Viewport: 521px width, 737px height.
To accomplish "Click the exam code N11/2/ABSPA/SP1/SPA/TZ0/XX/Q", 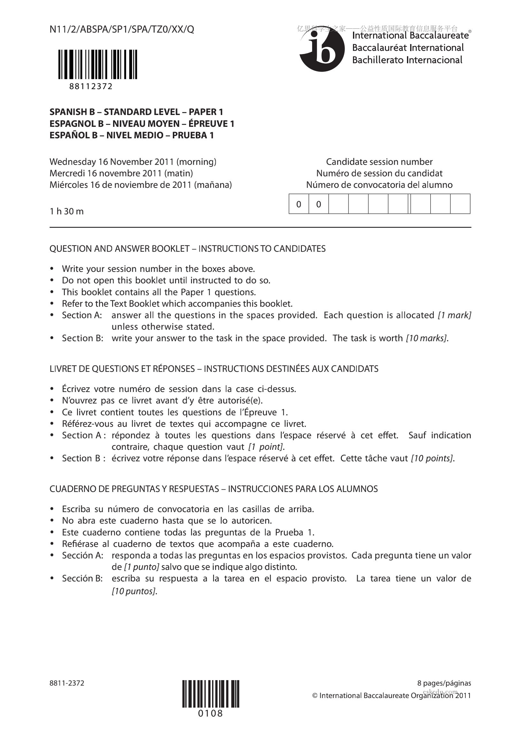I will click(x=122, y=29).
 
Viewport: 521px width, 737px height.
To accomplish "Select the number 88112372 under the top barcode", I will click(x=91, y=86).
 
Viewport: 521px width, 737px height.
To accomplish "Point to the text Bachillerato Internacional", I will click(x=407, y=60).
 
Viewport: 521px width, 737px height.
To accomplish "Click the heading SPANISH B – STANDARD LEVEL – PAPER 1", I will click(x=136, y=112).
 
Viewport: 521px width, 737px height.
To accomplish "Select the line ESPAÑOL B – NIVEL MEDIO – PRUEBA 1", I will click(x=132, y=135).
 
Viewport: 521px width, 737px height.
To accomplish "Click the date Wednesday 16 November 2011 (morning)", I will click(x=133, y=162).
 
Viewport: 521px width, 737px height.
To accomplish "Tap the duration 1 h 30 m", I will click(x=66, y=211).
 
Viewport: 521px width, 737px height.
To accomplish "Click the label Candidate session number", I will click(x=379, y=162).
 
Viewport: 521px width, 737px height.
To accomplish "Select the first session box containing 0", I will click(x=299, y=204).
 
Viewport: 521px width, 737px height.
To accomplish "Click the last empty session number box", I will click(x=460, y=204).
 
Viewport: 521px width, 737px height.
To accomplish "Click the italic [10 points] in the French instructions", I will click(x=433, y=458).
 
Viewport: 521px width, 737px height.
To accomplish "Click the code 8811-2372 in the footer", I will click(x=67, y=683).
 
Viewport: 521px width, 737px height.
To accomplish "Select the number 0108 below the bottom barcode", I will click(x=211, y=713).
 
